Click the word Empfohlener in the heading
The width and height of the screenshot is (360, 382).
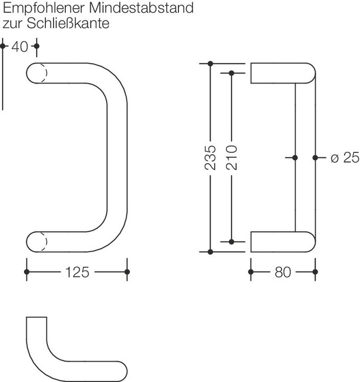[44, 8]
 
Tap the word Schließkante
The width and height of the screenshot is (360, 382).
[68, 23]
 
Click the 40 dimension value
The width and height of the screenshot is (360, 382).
[20, 46]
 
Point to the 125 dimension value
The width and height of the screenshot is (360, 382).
[78, 272]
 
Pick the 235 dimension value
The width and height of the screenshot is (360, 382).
[210, 157]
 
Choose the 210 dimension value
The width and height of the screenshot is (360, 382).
[232, 157]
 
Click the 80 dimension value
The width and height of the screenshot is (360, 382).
[282, 272]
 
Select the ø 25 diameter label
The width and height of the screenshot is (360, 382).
[345, 157]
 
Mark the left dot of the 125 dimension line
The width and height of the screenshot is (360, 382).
[27, 271]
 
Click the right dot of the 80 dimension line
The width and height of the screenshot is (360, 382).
[315, 271]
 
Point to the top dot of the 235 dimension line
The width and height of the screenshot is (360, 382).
[210, 64]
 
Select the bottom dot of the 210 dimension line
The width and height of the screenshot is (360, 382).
[232, 241]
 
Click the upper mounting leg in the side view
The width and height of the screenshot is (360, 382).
[283, 73]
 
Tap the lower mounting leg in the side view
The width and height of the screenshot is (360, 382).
[283, 241]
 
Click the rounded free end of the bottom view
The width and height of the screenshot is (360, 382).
[122, 371]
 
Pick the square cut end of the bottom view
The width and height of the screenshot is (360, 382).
[37, 317]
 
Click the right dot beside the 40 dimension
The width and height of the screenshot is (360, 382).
[37, 46]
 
